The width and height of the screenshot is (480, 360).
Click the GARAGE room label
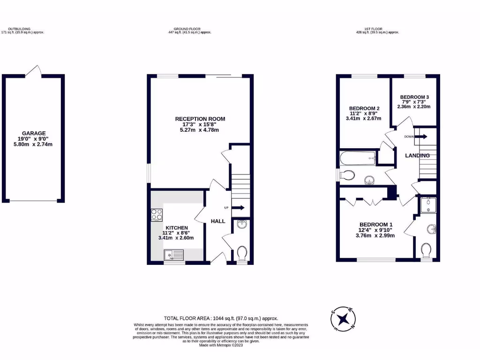[x=34, y=133]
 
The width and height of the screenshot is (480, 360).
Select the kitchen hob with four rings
[x=157, y=215]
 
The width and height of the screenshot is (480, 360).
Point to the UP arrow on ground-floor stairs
[x=238, y=208]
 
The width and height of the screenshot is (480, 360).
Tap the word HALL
[x=217, y=221]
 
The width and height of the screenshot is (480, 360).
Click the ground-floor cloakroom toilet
[x=242, y=254]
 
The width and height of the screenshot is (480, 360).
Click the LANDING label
[x=417, y=155]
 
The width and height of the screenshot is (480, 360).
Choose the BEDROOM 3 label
[x=414, y=97]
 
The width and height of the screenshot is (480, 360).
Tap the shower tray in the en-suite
[x=428, y=205]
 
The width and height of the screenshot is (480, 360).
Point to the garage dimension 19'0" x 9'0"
[x=34, y=139]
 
